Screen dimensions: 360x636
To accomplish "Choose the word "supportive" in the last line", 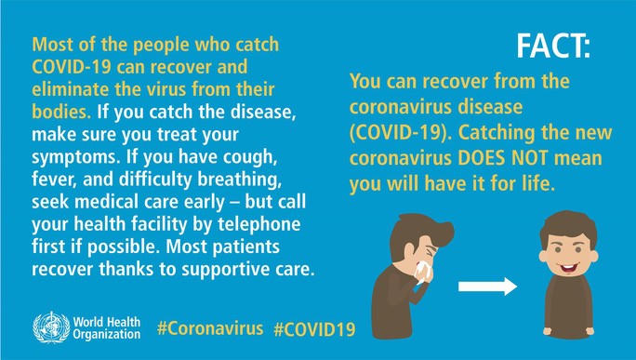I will coord(213,271).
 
